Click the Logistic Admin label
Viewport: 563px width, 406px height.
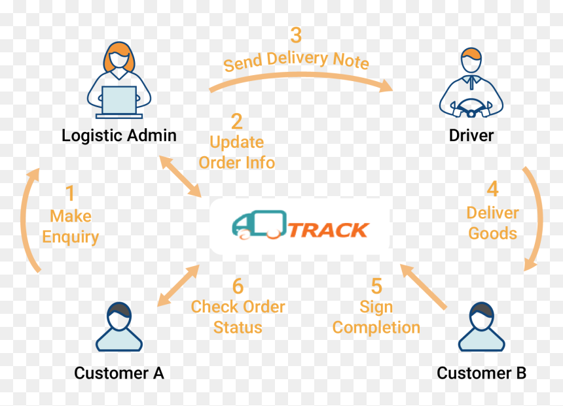pyautogui.click(x=119, y=136)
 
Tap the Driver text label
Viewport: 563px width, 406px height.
pyautogui.click(x=471, y=135)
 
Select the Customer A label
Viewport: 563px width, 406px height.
pyautogui.click(x=119, y=373)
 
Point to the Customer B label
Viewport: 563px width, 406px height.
pyautogui.click(x=481, y=373)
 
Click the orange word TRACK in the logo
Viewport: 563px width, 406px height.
pyautogui.click(x=328, y=230)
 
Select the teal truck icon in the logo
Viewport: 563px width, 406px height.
pyautogui.click(x=259, y=224)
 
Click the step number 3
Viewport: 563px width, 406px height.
pyautogui.click(x=296, y=35)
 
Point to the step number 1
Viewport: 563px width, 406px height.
pyautogui.click(x=71, y=194)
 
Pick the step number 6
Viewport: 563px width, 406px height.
pyautogui.click(x=238, y=286)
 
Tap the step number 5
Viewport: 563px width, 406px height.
pyautogui.click(x=376, y=286)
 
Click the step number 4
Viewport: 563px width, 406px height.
pyautogui.click(x=492, y=189)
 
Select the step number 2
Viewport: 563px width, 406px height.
pyautogui.click(x=236, y=121)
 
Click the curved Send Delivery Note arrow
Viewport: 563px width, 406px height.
pyautogui.click(x=300, y=75)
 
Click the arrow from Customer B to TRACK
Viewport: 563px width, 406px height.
pyautogui.click(x=423, y=286)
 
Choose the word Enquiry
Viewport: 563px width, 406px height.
pyautogui.click(x=71, y=237)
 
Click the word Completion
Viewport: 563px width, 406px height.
pyautogui.click(x=376, y=328)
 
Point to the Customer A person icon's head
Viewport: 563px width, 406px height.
pyautogui.click(x=119, y=316)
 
